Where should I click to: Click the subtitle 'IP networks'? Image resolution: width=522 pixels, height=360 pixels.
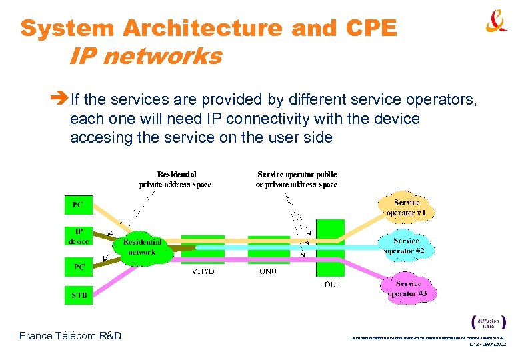(145, 57)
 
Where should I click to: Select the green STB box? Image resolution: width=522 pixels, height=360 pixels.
(79, 295)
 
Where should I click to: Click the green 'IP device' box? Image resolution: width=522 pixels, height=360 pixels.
(79, 236)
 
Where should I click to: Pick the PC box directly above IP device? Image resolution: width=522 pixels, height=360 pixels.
(79, 205)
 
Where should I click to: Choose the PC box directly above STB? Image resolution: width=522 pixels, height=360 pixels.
(79, 267)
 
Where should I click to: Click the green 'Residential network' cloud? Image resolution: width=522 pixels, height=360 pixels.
(141, 247)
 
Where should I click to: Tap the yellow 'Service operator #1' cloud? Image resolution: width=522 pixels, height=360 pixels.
(406, 207)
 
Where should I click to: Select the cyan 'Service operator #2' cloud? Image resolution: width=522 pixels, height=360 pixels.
(406, 246)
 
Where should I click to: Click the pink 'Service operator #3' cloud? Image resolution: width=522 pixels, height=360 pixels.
(407, 288)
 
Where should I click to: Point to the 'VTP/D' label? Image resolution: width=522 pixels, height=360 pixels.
(203, 271)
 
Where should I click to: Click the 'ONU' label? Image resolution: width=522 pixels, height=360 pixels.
(268, 271)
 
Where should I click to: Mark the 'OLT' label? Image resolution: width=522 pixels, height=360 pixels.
(331, 284)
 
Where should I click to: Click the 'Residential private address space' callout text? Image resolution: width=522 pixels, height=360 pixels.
(177, 179)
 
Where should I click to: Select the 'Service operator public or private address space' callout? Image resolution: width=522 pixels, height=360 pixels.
(297, 179)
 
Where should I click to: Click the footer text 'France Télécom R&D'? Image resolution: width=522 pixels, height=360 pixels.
(71, 335)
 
